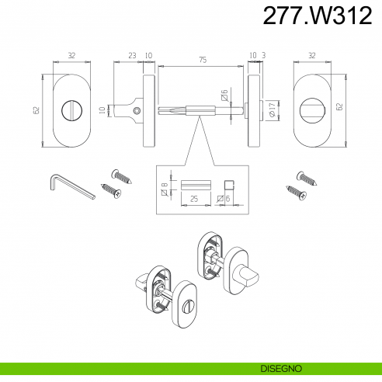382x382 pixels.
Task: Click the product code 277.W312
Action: pyautogui.click(x=318, y=16)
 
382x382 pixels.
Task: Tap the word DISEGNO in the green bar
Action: pyautogui.click(x=281, y=369)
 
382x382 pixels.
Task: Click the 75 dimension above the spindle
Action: pyautogui.click(x=203, y=60)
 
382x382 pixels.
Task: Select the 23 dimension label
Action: pyautogui.click(x=132, y=55)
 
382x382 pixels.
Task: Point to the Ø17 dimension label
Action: pyautogui.click(x=272, y=109)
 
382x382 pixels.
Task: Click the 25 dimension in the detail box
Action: pyautogui.click(x=194, y=199)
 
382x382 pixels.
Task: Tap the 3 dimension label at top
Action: pyautogui.click(x=264, y=55)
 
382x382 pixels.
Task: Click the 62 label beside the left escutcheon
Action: pyautogui.click(x=36, y=110)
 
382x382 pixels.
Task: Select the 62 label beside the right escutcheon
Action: pyautogui.click(x=340, y=106)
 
